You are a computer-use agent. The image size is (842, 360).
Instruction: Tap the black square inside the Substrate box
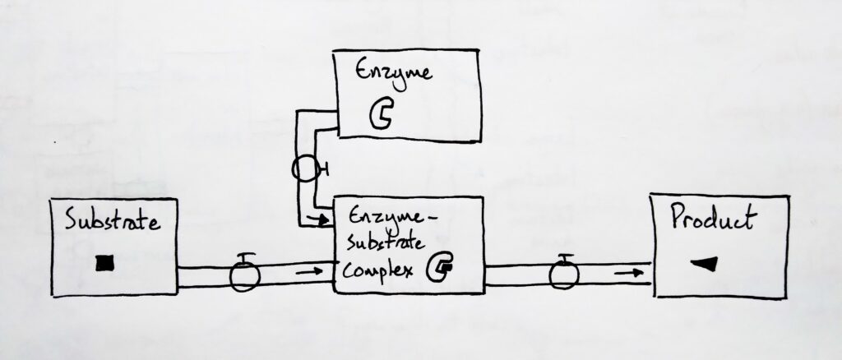(x=104, y=262)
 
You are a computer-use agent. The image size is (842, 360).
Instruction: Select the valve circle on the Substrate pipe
(x=243, y=277)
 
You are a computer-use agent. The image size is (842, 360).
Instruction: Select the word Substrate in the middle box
(x=381, y=245)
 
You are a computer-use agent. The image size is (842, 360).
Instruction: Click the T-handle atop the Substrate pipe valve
(x=243, y=256)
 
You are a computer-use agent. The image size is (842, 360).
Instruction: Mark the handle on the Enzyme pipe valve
(x=326, y=170)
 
